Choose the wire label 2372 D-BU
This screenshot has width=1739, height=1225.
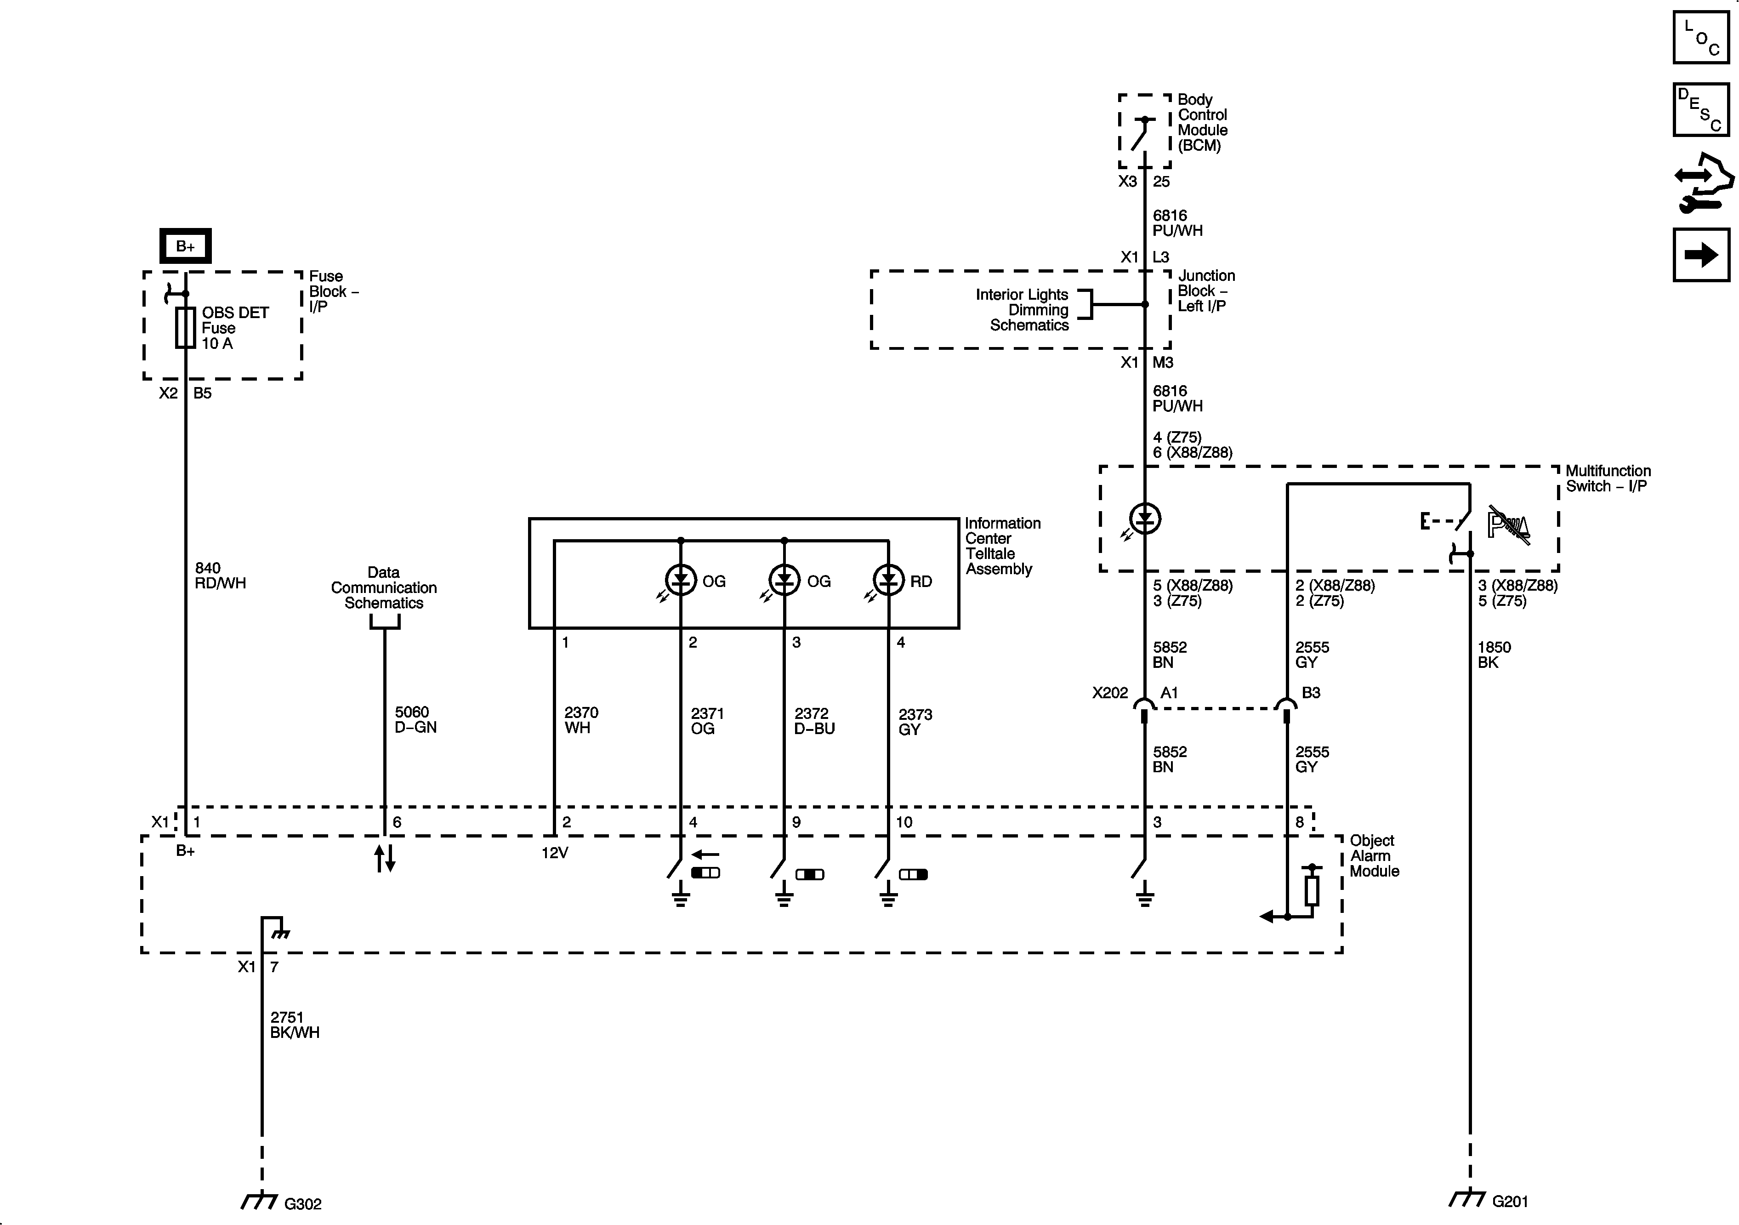coord(814,720)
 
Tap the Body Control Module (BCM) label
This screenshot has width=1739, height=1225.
coord(1202,123)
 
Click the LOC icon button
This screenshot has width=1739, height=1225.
coord(1701,37)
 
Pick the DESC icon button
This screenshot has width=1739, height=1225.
coord(1701,110)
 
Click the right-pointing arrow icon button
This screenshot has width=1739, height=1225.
coord(1701,255)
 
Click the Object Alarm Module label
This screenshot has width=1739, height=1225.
coord(1374,855)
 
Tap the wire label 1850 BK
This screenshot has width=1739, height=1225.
coord(1494,655)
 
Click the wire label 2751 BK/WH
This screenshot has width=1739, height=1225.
coord(295,1025)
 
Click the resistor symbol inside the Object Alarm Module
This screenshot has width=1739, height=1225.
coord(1312,891)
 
